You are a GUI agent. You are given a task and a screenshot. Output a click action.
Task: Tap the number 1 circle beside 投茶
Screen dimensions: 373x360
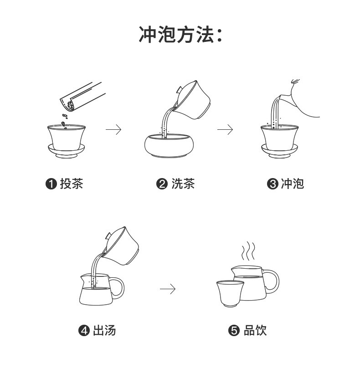coord(51,184)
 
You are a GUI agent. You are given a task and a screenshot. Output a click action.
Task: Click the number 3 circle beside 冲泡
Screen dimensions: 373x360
coord(273,184)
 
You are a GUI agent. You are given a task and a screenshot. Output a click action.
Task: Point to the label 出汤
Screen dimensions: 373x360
coord(104,330)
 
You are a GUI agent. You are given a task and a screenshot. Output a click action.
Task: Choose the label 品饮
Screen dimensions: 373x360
coord(255,330)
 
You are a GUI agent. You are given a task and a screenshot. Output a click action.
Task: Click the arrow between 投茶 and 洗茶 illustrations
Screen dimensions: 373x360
coord(113,130)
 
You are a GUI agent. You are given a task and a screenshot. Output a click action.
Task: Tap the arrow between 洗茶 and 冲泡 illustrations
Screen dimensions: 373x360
coord(225,130)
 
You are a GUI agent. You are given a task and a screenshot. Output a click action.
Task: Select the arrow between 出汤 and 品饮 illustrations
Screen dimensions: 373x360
coord(167,289)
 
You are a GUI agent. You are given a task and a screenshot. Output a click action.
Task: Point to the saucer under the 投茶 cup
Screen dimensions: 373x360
coord(67,150)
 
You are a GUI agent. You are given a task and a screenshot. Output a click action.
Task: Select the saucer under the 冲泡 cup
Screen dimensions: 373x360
coord(279,150)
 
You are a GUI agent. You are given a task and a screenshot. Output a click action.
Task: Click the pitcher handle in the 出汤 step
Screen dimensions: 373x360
coord(118,288)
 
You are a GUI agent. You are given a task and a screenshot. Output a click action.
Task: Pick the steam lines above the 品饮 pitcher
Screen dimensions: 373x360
coord(248,251)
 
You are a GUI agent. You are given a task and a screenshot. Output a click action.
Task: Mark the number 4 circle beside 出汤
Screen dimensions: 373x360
coord(84,331)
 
